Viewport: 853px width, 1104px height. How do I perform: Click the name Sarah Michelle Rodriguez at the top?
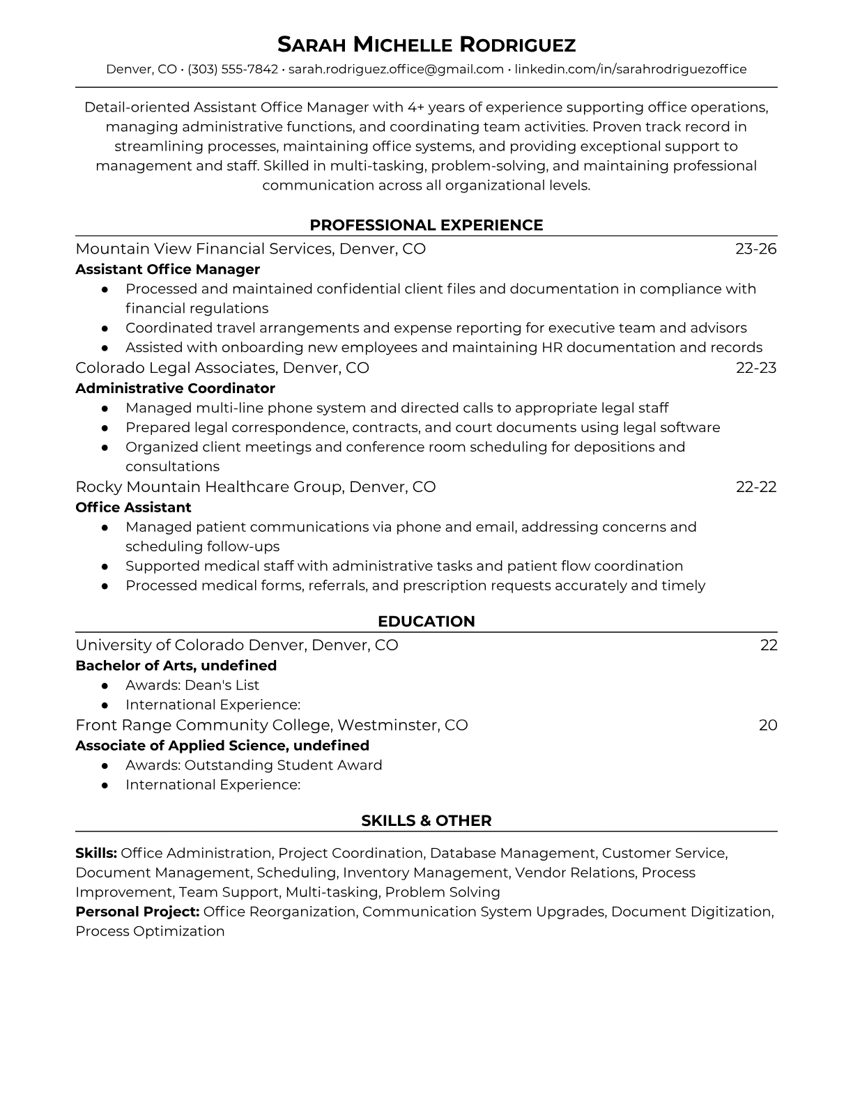point(426,45)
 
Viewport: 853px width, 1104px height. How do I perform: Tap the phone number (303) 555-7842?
point(233,70)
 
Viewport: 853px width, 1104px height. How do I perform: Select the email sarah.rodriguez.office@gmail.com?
point(396,70)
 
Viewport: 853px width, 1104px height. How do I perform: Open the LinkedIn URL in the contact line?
point(630,70)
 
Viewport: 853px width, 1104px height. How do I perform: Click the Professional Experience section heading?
point(426,225)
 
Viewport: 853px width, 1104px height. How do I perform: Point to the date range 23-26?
point(755,250)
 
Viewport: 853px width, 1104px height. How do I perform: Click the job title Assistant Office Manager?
point(167,270)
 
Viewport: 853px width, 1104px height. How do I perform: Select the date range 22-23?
point(755,368)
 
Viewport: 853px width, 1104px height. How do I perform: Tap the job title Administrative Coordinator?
point(175,389)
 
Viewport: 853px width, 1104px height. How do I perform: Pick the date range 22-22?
point(755,487)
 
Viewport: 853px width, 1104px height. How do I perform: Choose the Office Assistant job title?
point(133,507)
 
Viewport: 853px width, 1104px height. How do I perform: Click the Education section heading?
point(426,622)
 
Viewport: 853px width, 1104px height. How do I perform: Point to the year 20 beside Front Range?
point(767,726)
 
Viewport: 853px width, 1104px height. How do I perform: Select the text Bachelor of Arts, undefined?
point(176,666)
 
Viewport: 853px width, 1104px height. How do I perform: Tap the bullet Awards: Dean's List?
point(192,685)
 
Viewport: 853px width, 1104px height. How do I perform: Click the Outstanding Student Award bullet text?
point(254,765)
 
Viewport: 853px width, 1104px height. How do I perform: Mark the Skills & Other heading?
point(426,821)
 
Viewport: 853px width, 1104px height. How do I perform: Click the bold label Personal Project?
point(137,912)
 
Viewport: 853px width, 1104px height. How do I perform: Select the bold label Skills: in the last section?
point(96,853)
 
